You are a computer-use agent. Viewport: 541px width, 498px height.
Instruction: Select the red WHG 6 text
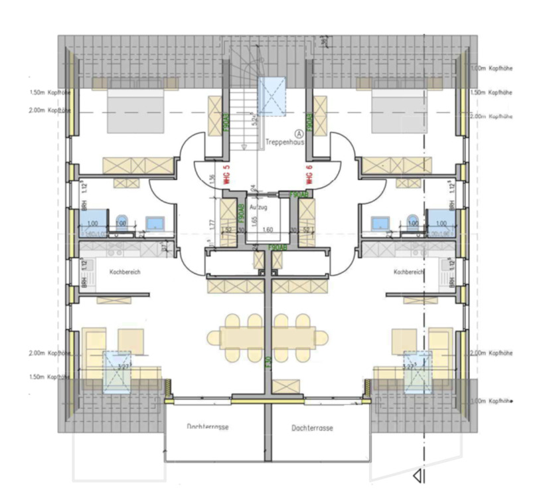309,175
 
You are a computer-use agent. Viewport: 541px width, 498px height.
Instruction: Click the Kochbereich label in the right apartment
407,272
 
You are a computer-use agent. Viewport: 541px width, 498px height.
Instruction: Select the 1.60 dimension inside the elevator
268,229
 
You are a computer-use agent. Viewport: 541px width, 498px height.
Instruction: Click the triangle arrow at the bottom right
418,476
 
